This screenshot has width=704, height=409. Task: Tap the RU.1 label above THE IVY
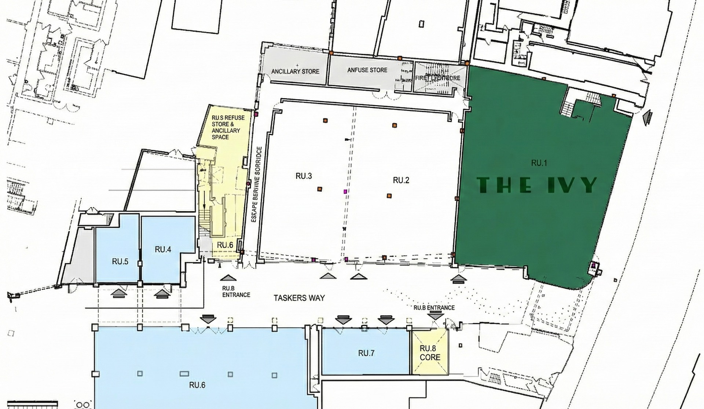coord(539,163)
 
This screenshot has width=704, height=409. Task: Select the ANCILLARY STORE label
coord(295,71)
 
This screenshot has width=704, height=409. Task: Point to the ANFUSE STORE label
coord(367,70)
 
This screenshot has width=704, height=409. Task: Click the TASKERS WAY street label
coord(299,298)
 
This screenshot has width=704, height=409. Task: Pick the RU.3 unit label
coord(304,176)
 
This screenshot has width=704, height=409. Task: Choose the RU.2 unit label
coord(401,180)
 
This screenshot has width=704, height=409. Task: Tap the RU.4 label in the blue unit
coord(163,249)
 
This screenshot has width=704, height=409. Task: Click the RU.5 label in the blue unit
coord(120,262)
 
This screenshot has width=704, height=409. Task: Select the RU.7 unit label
coord(366,353)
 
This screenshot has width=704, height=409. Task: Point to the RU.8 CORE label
coord(430,353)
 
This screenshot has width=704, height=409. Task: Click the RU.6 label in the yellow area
coord(225,245)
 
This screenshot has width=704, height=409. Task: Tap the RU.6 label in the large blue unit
coord(197,385)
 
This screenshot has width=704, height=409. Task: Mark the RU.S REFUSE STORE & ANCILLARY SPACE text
coord(225,127)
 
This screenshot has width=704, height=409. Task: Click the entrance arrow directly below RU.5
coord(118,293)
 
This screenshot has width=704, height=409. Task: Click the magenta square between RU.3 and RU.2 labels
coord(345,191)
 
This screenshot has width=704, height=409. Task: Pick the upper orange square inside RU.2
coord(395,125)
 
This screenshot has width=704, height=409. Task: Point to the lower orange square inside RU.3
coord(320,189)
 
